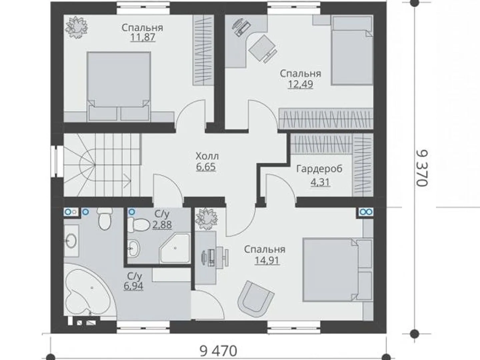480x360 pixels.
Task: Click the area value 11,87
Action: [x=143, y=37]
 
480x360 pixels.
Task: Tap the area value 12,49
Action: [x=300, y=84]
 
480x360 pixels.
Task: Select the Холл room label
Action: [x=207, y=156]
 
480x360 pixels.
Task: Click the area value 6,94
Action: [x=133, y=286]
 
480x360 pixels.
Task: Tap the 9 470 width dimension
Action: [x=218, y=351]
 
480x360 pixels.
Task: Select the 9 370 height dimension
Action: [x=421, y=168]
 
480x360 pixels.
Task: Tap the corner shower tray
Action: [x=175, y=248]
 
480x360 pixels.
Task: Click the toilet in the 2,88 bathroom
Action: [x=138, y=224]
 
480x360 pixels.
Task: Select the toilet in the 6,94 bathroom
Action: [x=105, y=218]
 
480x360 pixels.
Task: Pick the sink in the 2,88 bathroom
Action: [x=134, y=248]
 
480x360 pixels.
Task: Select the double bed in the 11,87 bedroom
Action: [x=119, y=86]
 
